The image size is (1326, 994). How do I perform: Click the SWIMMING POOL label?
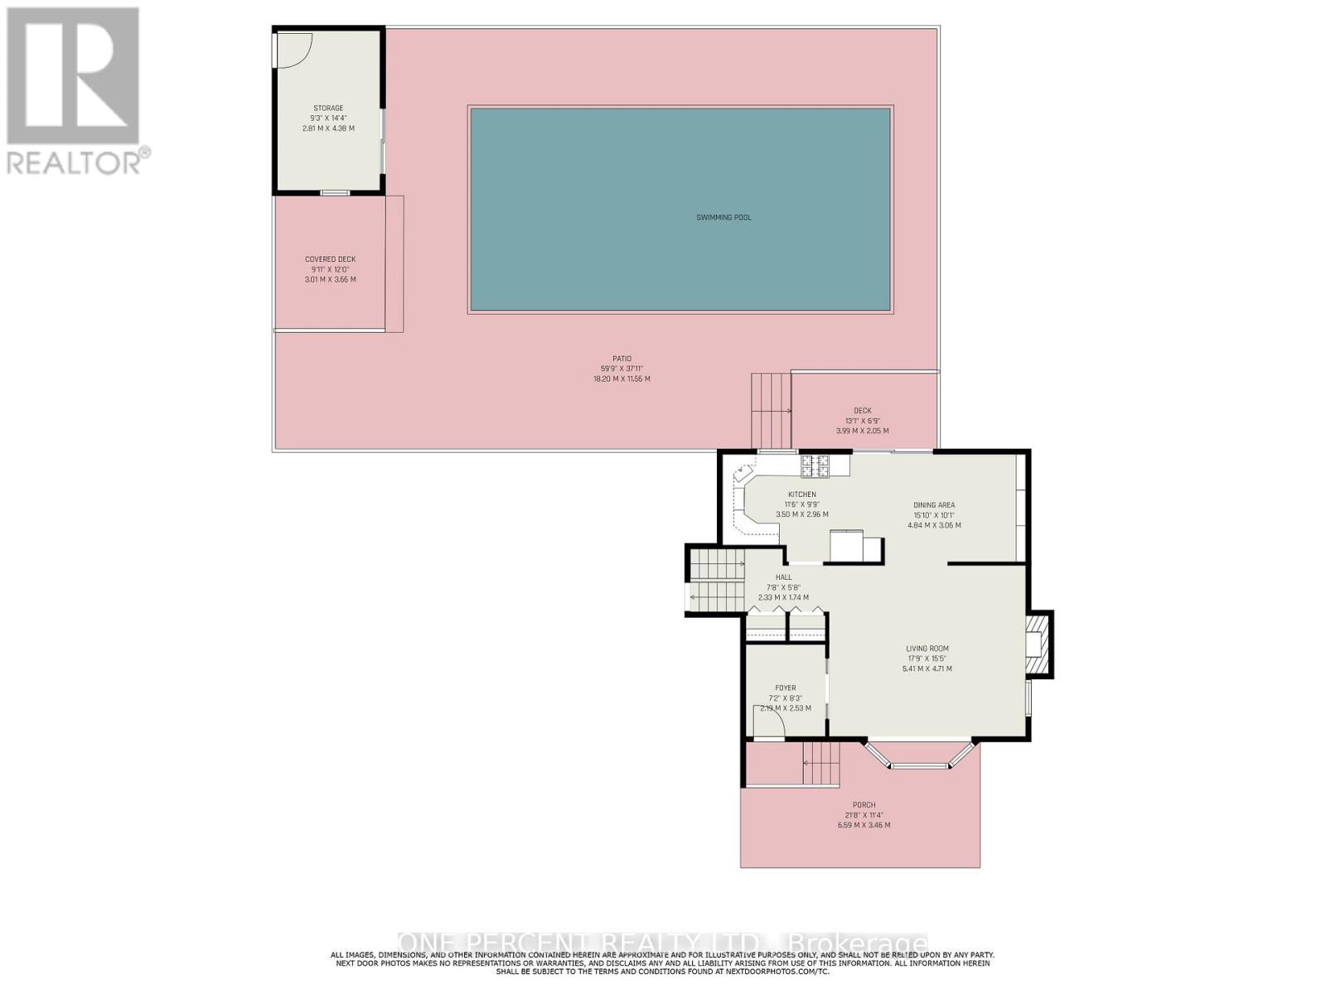coord(723,218)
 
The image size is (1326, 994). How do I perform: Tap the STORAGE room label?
coord(328,109)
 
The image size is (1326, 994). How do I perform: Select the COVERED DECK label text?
coord(330,259)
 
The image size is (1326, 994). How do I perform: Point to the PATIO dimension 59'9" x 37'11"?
coord(622,369)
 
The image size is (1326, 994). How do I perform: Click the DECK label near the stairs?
coord(862,411)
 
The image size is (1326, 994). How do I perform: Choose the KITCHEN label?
coord(801,495)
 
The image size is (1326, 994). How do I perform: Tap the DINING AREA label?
coord(934,505)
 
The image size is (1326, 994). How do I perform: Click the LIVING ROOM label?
coord(927,649)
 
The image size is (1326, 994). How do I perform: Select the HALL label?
coord(783,577)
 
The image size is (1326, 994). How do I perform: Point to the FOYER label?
coord(785,688)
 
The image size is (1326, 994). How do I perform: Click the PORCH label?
coord(864,805)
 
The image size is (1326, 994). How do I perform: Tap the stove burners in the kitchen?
coord(814,466)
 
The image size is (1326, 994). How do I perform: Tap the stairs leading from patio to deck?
coord(771,411)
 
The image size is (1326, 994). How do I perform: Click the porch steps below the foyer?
coord(821,764)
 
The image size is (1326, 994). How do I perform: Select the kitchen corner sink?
coord(742,475)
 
